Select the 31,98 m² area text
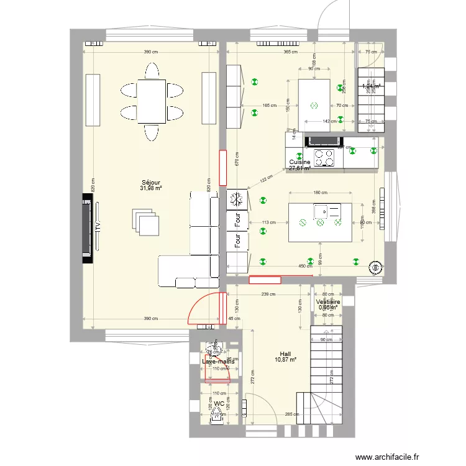point(152,189)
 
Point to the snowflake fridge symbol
point(236,199)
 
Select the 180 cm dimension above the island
point(320,193)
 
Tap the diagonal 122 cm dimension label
point(267,180)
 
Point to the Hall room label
point(285,353)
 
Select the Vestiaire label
point(327,301)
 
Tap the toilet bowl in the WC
point(219,414)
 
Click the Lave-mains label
point(218,361)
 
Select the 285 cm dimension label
point(289,414)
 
